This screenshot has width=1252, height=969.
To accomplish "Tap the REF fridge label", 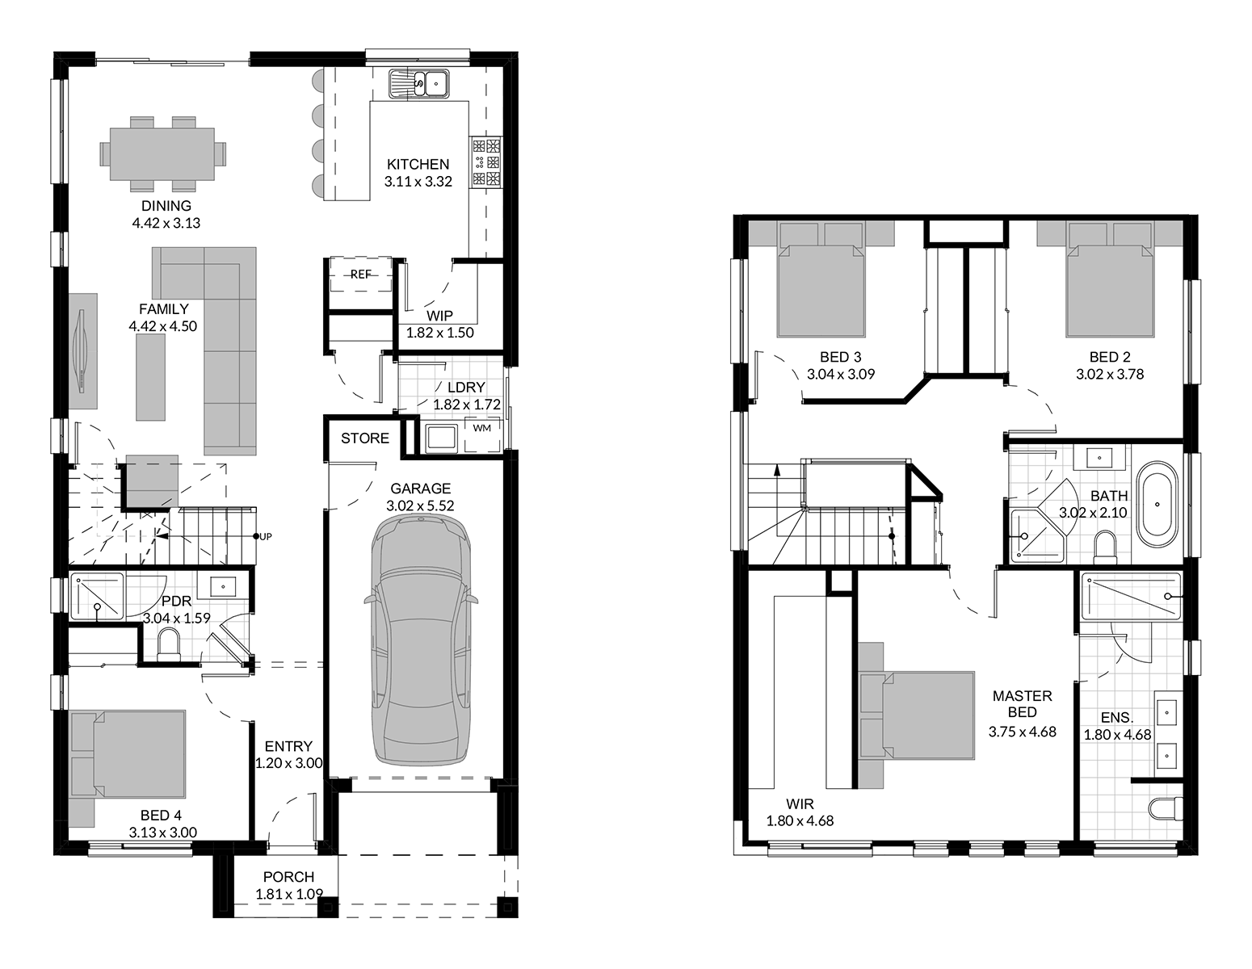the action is point(361,275).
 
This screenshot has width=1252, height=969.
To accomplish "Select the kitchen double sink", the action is point(419,84).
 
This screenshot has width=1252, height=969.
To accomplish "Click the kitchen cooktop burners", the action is point(486,161).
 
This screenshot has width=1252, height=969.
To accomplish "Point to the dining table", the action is point(162,153).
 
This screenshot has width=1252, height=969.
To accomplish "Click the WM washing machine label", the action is point(481,428).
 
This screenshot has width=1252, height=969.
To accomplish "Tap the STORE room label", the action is point(365,438).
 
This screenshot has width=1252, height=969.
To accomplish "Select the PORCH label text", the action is point(288,877).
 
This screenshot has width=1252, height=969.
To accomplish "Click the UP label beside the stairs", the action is point(265,537).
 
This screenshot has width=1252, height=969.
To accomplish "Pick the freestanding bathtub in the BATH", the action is point(1157,505).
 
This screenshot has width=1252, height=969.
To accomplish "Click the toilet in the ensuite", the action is point(1165,807).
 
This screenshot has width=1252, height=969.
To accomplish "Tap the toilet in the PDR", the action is point(169,644).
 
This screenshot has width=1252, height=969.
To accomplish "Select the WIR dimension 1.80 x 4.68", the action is point(800,821).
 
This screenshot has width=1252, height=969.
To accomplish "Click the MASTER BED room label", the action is point(1022,704).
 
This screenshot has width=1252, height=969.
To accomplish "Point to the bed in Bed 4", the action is point(128,760).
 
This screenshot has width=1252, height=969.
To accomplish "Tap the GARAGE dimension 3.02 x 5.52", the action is point(420,505).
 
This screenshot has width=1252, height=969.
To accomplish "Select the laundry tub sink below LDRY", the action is point(441,439).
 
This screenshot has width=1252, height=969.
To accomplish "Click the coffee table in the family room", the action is point(150,377).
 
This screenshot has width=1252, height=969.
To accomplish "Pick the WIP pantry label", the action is point(439,316).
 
